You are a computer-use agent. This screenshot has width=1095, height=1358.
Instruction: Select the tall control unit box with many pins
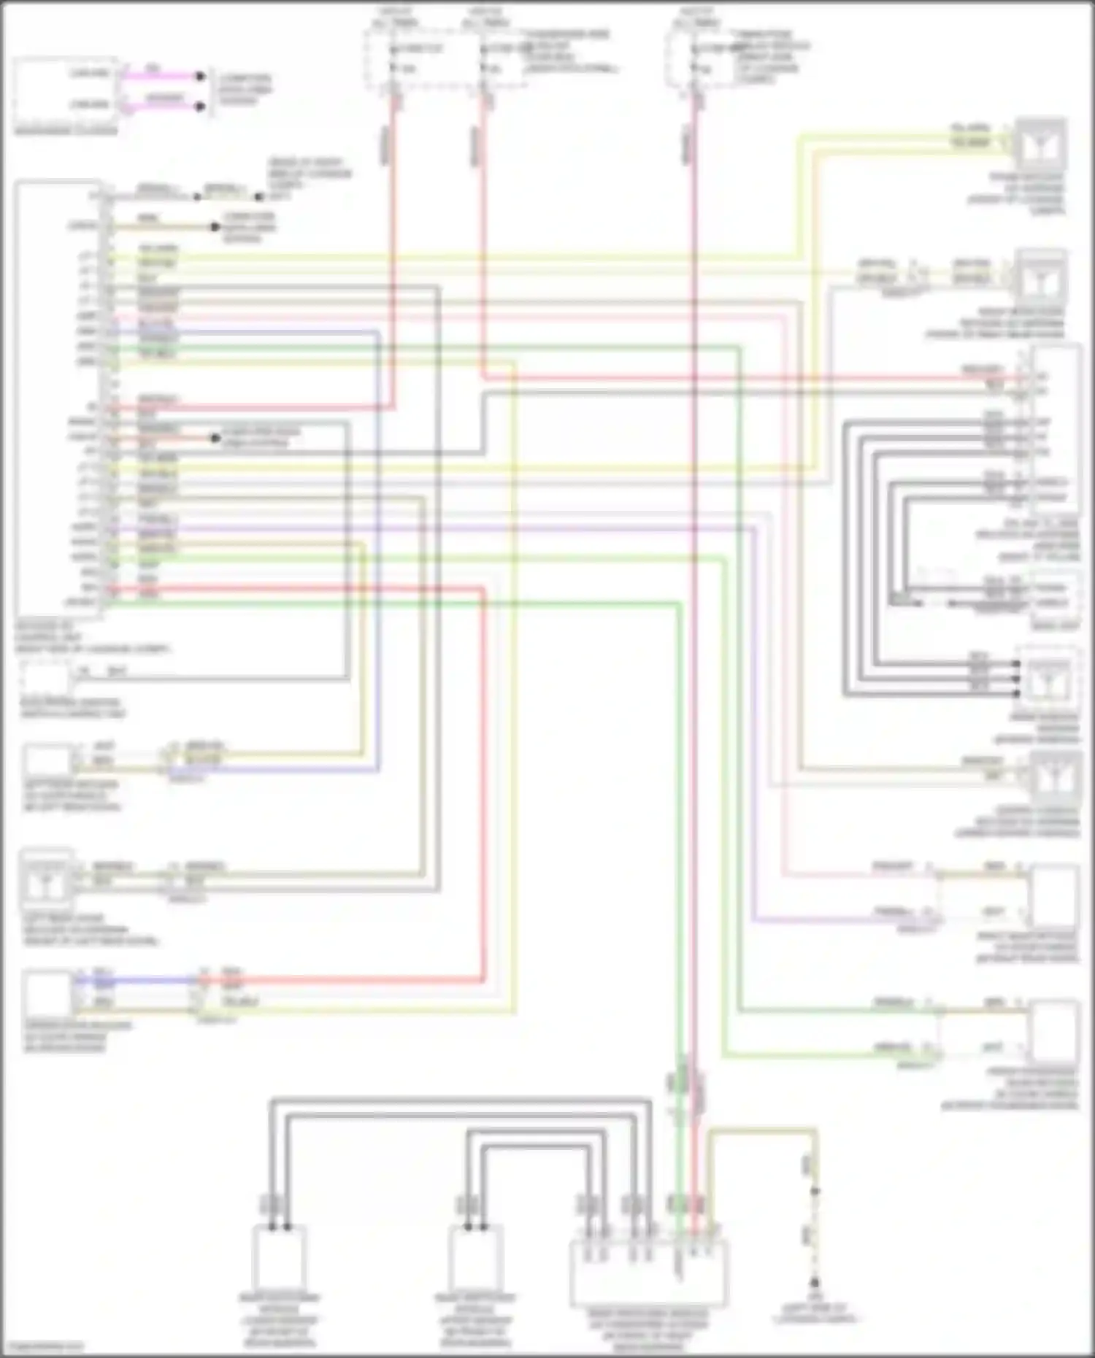[x=58, y=398]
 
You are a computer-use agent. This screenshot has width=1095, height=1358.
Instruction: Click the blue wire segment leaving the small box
[x=131, y=980]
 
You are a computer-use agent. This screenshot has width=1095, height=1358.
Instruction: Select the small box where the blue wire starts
[x=47, y=994]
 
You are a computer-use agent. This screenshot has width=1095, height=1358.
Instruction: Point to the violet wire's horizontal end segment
[x=839, y=920]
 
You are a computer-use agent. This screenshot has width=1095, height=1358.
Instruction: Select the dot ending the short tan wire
[x=215, y=227]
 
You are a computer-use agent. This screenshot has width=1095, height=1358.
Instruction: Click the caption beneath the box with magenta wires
[x=66, y=131]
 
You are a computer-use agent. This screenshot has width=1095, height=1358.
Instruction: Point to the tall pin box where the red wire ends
[x=1056, y=431]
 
